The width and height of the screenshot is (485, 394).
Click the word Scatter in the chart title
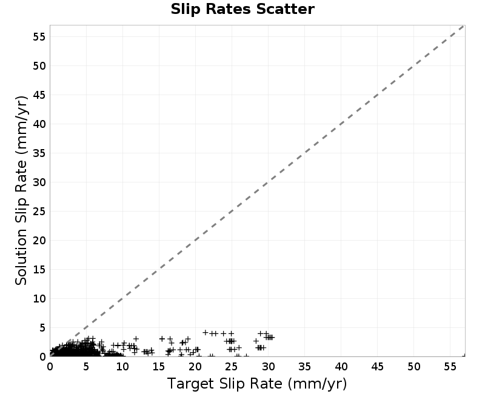(285, 9)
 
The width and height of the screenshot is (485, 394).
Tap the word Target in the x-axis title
(190, 384)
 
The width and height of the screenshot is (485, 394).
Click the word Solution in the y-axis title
(21, 257)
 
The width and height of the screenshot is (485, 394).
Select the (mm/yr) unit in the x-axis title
(317, 384)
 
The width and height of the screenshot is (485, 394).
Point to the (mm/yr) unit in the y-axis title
(21, 125)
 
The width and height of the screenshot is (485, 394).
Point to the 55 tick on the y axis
(39, 37)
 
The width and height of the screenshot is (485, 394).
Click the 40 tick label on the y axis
(39, 124)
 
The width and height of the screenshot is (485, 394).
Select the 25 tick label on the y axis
(39, 211)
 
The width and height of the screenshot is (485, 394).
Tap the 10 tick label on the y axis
(39, 298)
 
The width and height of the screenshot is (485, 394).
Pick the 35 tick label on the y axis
(39, 153)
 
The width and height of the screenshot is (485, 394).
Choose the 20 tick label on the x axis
(195, 367)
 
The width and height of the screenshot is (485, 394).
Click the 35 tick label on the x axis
(305, 367)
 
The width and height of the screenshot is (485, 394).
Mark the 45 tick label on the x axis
(377, 367)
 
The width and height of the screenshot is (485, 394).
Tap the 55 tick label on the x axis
(450, 367)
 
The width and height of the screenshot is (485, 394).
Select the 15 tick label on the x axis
(159, 367)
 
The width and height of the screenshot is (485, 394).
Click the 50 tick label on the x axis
(414, 367)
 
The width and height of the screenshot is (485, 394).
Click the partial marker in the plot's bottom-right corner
(464, 355)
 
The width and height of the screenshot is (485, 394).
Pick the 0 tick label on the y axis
(42, 356)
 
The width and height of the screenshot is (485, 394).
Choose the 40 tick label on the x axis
(341, 367)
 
